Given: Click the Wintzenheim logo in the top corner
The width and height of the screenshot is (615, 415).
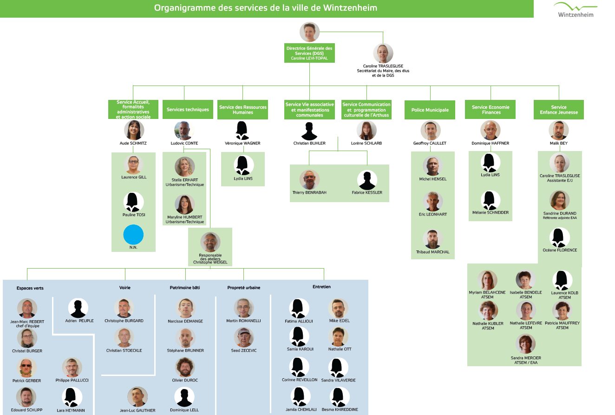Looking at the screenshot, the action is (576, 10).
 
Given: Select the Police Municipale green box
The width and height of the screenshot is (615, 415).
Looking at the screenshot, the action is (430, 110).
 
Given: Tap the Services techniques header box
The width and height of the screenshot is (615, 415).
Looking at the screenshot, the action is (188, 109).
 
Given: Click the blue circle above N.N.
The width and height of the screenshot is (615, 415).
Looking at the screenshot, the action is (133, 235).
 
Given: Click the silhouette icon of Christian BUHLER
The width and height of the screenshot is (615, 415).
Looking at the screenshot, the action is (309, 131).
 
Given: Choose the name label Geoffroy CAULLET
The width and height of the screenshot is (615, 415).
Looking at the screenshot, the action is (430, 143).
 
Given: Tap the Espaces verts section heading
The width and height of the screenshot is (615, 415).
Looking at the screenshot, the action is (30, 288).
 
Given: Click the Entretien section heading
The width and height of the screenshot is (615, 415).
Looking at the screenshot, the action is (321, 287).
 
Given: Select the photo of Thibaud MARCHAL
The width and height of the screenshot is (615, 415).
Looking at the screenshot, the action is (433, 239).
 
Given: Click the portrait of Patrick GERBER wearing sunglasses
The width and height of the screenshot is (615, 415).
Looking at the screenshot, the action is (26, 368).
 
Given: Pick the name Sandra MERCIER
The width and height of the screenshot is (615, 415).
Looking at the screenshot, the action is (526, 358).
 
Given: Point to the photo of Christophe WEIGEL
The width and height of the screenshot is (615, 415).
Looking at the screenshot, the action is (210, 242).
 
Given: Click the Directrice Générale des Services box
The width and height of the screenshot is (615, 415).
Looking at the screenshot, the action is (309, 53).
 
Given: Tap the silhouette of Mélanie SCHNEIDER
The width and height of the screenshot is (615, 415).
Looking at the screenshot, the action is (491, 200).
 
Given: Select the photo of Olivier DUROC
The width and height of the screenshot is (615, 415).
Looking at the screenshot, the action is (185, 367).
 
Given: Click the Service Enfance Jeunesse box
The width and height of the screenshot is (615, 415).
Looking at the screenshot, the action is (559, 110).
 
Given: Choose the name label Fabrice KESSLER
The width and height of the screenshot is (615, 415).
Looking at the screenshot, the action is (367, 192).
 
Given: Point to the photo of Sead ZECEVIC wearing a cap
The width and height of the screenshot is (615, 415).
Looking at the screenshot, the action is (244, 337).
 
